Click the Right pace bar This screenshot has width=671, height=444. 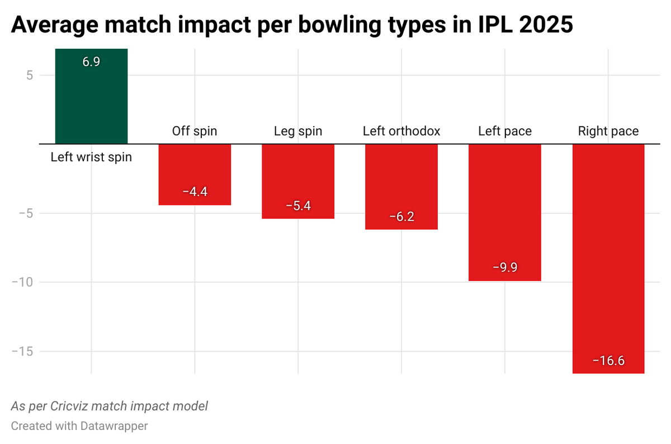coord(608,252)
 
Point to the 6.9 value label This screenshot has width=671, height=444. coord(91,62)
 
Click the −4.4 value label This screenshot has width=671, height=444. coord(195,191)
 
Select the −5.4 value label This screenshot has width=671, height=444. coord(298,205)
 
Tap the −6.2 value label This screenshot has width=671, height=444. coord(401,217)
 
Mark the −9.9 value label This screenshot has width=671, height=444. coord(504,267)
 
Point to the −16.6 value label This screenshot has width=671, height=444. coord(608,361)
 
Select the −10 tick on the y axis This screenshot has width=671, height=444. coord(22,282)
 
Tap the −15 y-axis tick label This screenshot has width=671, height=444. coord(22,352)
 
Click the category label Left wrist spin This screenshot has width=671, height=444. coord(91,157)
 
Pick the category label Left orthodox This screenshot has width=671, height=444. coord(401,132)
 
